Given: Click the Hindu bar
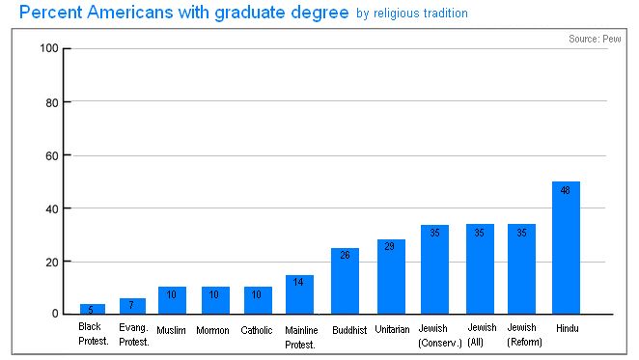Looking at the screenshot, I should tap(566, 248).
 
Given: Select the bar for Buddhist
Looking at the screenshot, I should tap(345, 281).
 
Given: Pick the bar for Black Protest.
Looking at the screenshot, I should tap(92, 309).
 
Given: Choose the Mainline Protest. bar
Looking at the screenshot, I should tap(299, 294).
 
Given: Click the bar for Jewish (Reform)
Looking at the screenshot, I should tap(522, 269).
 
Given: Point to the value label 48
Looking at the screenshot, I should tap(566, 190).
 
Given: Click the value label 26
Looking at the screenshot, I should tap(345, 256).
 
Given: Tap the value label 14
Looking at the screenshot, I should tap(299, 282).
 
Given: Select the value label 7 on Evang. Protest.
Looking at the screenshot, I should tap(132, 305).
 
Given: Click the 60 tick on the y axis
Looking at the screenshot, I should tap(52, 155).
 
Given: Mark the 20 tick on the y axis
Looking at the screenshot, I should tap(52, 262).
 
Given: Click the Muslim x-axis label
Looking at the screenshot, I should tap(171, 330).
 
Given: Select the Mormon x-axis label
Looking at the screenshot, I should tap(213, 330).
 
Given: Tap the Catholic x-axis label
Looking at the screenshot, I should tap(256, 330).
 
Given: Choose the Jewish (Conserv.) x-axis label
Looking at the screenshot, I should tap(433, 335).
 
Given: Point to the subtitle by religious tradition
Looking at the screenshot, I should tap(412, 14).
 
